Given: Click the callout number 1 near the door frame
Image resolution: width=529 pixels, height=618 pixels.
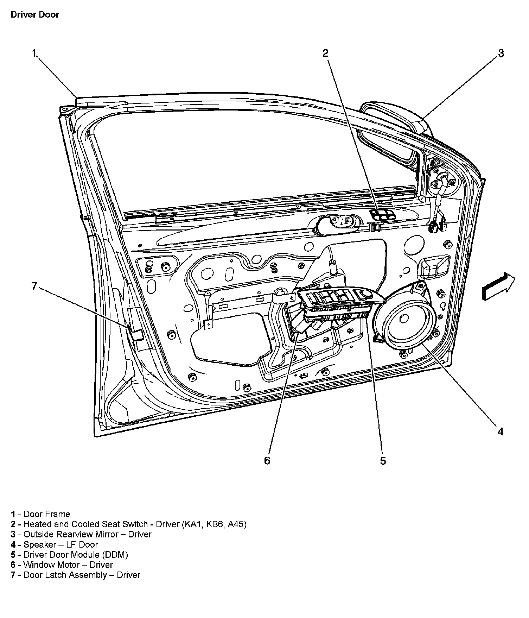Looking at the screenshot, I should tap(34, 53).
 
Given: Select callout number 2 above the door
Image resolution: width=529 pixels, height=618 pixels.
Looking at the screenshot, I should tap(325, 53).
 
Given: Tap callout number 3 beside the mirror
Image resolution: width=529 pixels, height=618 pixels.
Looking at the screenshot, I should tap(501, 53).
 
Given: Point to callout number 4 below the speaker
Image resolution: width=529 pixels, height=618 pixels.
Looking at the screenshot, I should tap(500, 431).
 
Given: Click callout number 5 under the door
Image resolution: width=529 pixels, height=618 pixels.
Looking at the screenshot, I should tap(383, 460).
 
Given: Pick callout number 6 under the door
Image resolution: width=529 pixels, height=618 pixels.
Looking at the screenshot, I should tap(267, 460).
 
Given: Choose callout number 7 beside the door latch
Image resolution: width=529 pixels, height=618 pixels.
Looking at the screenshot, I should tap(34, 286).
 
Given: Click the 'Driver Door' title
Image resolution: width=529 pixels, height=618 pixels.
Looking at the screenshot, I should tap(35, 15).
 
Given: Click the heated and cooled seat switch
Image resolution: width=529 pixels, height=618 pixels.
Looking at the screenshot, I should tap(381, 215).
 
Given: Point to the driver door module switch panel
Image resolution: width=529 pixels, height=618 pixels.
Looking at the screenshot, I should tap(338, 297).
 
